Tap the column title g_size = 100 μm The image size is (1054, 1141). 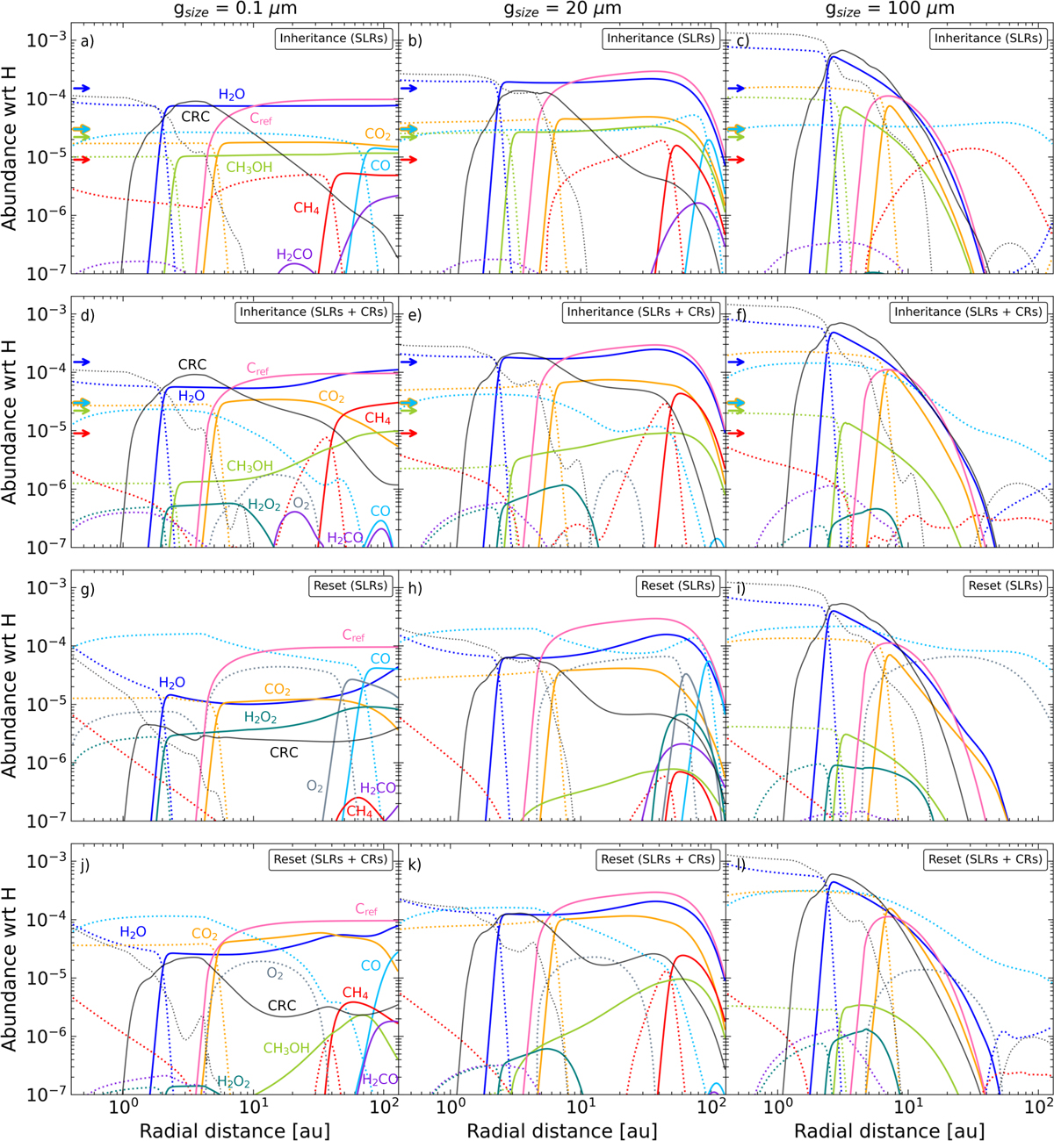(x=889, y=10)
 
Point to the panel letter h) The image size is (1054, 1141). (x=415, y=587)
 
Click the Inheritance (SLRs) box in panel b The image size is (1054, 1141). (x=661, y=39)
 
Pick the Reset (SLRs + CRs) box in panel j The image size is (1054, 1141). (x=330, y=859)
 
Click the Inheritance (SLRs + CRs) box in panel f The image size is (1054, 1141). (x=968, y=312)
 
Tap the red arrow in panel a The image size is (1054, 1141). (x=81, y=160)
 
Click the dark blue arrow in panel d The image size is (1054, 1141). (x=81, y=362)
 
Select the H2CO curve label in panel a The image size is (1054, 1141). (x=294, y=255)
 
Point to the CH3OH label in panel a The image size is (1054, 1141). (x=249, y=168)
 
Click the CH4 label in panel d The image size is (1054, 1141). (x=378, y=419)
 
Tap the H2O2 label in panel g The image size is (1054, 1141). (x=261, y=717)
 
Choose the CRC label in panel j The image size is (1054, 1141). (x=282, y=1006)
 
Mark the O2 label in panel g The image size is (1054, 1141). (x=314, y=786)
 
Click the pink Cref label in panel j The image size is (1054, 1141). (x=366, y=910)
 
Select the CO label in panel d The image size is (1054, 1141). (x=380, y=512)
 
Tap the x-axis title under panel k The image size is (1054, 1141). (x=562, y=1129)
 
